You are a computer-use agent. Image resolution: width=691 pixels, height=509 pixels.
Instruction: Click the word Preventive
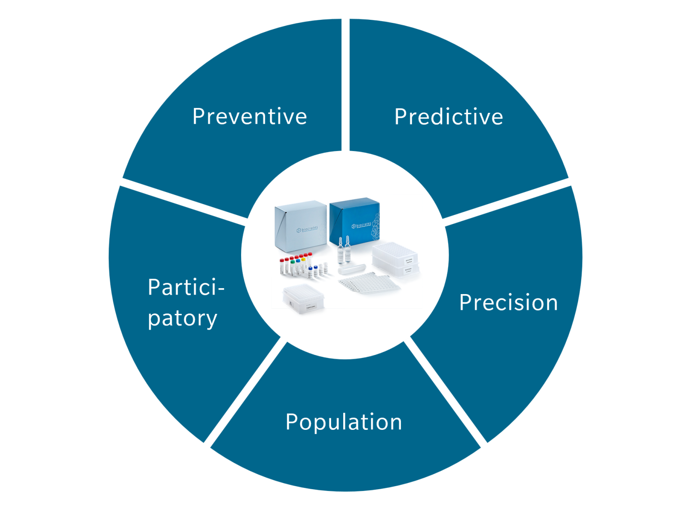tap(249, 116)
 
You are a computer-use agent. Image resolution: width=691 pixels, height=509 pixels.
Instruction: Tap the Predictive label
tap(449, 117)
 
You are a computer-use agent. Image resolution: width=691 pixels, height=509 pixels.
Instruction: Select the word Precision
tap(508, 302)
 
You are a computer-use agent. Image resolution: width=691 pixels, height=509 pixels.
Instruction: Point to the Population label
tap(344, 422)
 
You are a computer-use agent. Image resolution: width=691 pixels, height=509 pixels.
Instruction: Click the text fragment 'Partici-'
tap(186, 287)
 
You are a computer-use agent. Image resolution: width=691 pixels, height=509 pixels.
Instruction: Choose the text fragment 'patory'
tap(183, 318)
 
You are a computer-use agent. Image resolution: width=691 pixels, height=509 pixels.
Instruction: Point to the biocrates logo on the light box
tap(307, 229)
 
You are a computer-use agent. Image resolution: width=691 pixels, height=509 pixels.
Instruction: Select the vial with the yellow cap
tap(303, 265)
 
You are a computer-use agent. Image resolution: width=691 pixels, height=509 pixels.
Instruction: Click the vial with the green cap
tap(293, 265)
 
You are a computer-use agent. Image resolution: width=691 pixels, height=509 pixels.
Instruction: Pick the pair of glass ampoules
tap(344, 249)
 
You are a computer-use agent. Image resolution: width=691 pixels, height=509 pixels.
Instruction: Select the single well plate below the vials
tap(303, 299)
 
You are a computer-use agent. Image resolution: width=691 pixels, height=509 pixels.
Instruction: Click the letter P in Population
tap(292, 422)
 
